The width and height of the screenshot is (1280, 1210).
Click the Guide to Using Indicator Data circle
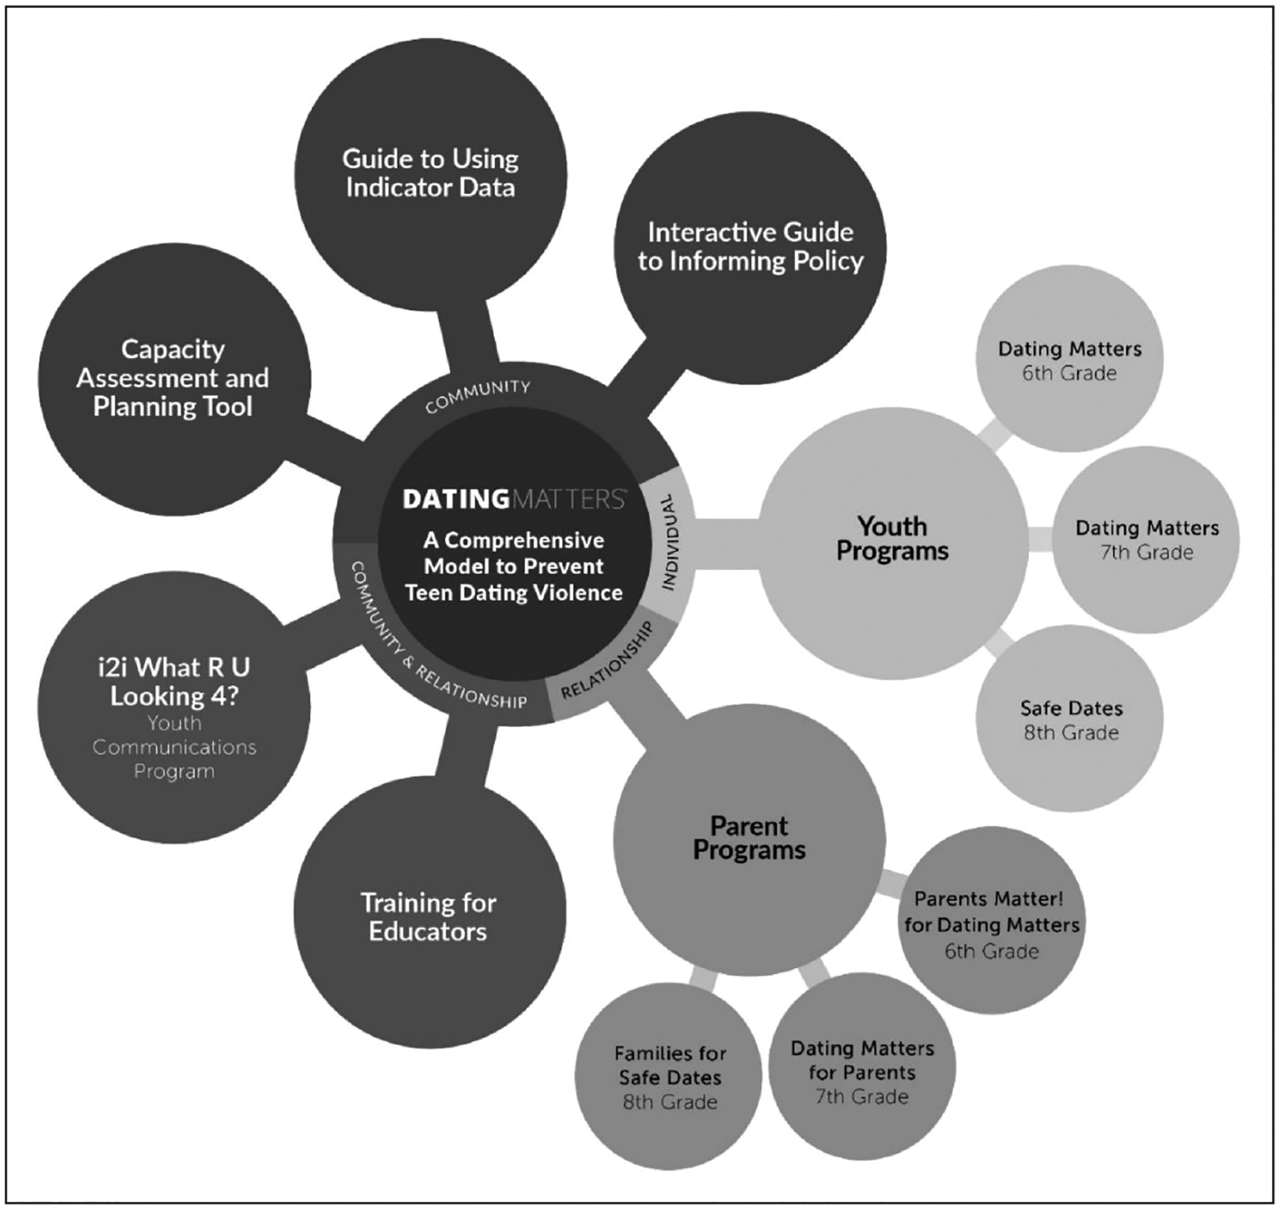[x=430, y=174]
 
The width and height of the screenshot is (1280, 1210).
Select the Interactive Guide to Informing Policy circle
[x=750, y=247]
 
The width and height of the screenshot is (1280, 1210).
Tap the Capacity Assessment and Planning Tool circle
[x=174, y=378]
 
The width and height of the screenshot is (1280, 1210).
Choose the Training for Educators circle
[x=429, y=918]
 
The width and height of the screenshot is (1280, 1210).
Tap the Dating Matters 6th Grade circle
[x=1070, y=360]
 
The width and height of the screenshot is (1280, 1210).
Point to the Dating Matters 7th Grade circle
[x=1146, y=539]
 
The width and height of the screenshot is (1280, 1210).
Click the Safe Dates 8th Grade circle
[x=1070, y=719]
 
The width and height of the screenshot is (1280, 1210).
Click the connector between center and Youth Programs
[x=725, y=543]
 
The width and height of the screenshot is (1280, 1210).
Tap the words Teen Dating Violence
[x=513, y=593]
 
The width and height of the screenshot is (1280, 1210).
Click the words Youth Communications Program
[x=174, y=747]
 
